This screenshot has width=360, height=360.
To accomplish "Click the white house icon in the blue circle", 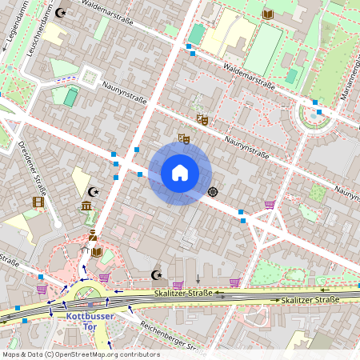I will pyautogui.click(x=180, y=173).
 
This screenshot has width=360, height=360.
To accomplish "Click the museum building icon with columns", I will pyautogui.click(x=86, y=209).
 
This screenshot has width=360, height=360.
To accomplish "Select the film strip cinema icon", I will pyautogui.click(x=37, y=202).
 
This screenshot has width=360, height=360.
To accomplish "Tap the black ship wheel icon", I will pyautogui.click(x=213, y=191).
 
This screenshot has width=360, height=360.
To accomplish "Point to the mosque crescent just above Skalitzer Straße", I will pyautogui.click(x=156, y=275).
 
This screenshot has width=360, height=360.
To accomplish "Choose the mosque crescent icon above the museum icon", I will pyautogui.click(x=94, y=192).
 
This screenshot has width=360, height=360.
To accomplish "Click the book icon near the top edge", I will pyautogui.click(x=268, y=14).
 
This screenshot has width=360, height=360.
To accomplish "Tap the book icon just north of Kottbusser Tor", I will pyautogui.click(x=97, y=252).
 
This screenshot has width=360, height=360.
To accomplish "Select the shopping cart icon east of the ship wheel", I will pyautogui.click(x=270, y=205).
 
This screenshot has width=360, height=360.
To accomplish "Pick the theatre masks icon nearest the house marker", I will pyautogui.click(x=184, y=138).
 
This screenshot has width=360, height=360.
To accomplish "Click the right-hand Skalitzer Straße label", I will pyautogui.click(x=310, y=299).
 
